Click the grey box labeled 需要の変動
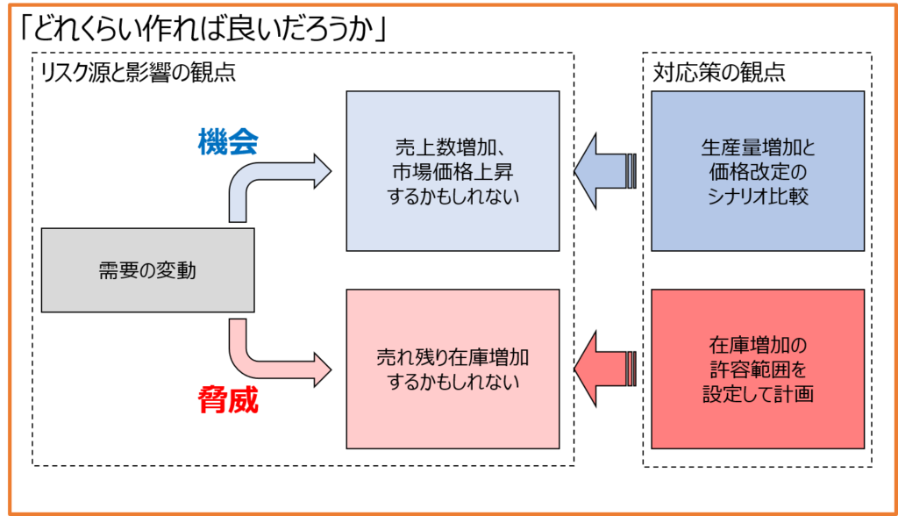coord(147,270)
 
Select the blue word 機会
coord(228,141)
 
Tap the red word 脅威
coord(228,399)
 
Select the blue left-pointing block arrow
coord(605,171)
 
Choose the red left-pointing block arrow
coord(605,369)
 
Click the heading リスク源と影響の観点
coord(138,73)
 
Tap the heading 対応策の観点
coord(719,72)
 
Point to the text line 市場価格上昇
coord(453,171)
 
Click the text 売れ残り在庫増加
coord(453,357)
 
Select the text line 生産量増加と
coord(758,147)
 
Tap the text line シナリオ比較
coord(758,196)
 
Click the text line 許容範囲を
coord(758,369)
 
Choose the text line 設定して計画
coord(758,394)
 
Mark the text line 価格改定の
coord(758,171)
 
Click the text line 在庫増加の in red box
coord(758,345)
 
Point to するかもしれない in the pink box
coord(453,381)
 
